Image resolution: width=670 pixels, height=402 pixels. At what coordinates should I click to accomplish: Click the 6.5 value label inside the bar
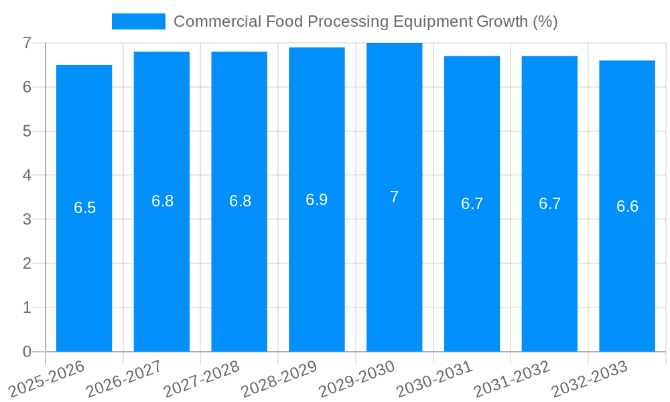[85, 208]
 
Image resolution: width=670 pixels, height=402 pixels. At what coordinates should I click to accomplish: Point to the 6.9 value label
[317, 200]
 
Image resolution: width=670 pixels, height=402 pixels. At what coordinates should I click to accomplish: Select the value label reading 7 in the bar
[394, 197]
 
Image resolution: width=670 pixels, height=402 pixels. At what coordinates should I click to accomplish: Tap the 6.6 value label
[627, 206]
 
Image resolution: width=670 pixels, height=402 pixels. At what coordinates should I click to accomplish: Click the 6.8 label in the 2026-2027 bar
[162, 201]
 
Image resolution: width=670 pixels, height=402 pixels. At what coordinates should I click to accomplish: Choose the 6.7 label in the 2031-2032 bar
[549, 204]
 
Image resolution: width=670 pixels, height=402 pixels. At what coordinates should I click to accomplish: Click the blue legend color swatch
[138, 21]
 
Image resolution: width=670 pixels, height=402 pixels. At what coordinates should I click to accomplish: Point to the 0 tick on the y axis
[27, 352]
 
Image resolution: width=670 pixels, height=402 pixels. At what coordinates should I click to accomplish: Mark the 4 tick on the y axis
[27, 175]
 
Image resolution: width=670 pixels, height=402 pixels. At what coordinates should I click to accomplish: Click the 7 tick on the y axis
[27, 43]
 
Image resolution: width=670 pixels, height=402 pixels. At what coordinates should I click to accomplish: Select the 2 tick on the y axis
[27, 263]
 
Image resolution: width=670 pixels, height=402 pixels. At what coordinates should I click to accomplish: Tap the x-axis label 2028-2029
[280, 379]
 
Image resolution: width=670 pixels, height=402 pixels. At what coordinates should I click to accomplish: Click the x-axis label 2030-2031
[435, 379]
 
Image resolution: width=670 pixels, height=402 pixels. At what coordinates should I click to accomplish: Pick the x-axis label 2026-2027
[125, 379]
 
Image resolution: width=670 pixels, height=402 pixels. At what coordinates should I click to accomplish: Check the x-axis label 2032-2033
[590, 379]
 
